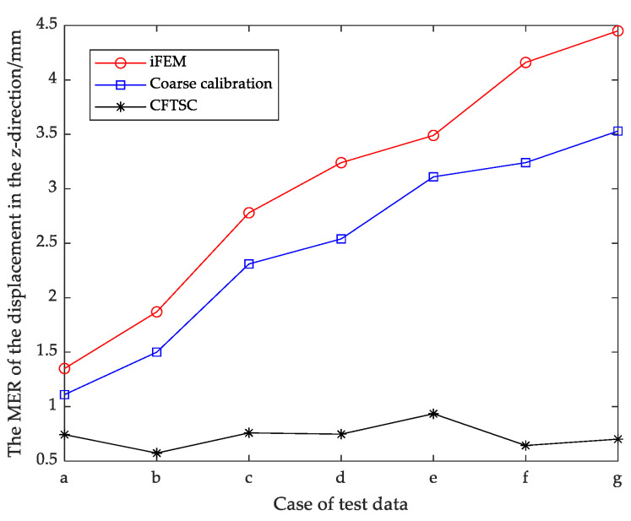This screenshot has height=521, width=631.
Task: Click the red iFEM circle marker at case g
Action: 617,30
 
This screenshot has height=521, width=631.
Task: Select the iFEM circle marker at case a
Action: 64,368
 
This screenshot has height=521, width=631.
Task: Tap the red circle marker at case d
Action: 341,162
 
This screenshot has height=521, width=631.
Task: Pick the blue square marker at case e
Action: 433,176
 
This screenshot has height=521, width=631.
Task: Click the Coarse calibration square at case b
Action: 156,352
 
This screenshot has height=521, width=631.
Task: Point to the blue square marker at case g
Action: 617,131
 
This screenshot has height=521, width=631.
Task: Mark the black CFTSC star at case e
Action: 433,414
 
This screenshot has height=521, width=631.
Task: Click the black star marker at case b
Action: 156,453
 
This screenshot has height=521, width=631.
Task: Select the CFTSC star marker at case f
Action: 525,445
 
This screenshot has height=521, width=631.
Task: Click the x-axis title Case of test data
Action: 340,504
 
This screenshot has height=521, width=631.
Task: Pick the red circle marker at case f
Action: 525,62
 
